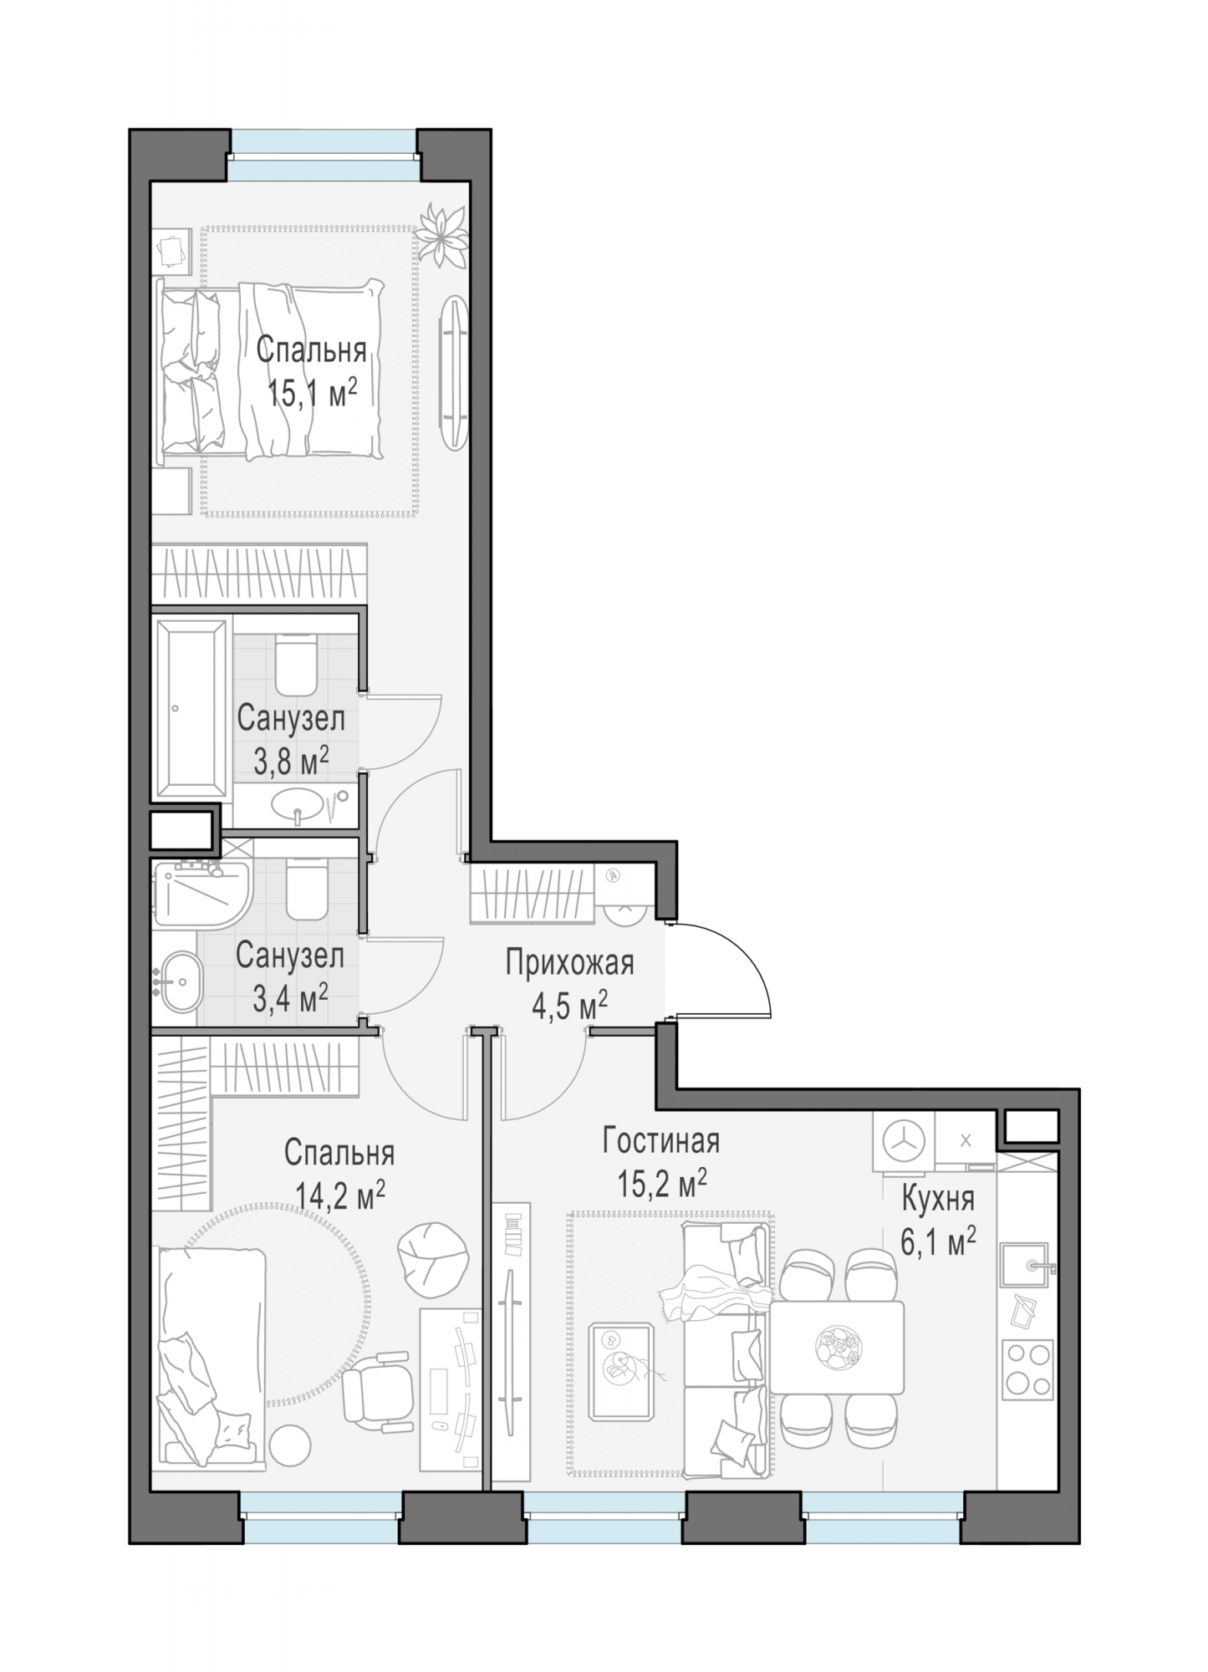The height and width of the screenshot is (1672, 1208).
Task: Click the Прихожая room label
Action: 569,963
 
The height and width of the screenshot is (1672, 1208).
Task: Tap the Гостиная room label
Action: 660,1140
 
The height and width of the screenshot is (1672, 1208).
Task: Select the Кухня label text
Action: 937,1200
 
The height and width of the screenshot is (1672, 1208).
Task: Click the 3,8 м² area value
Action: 291,760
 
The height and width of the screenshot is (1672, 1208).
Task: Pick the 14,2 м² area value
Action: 339,1195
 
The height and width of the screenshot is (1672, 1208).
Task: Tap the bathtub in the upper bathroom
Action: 191,708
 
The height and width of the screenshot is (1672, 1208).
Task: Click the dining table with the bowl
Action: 836,1347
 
